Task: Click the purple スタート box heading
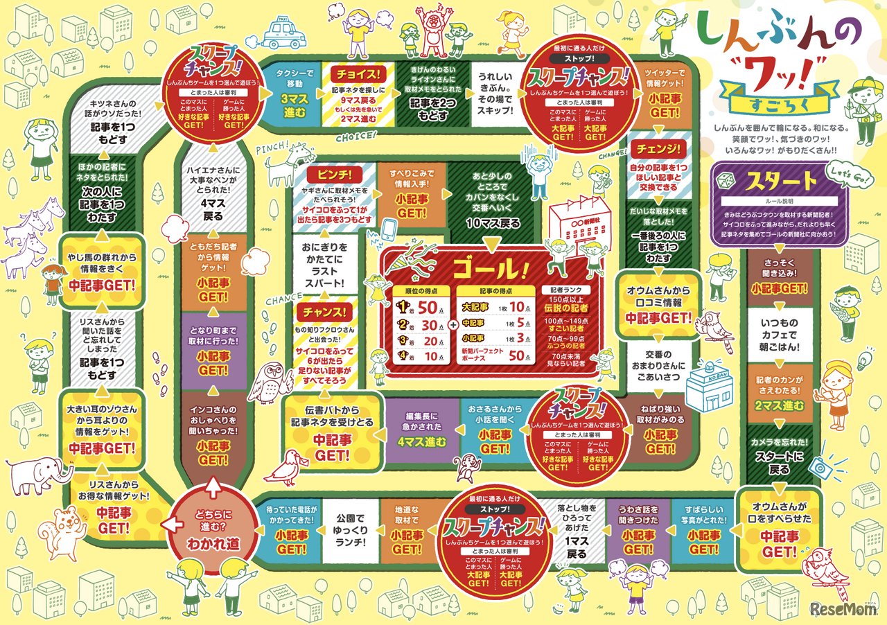point(780,182)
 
